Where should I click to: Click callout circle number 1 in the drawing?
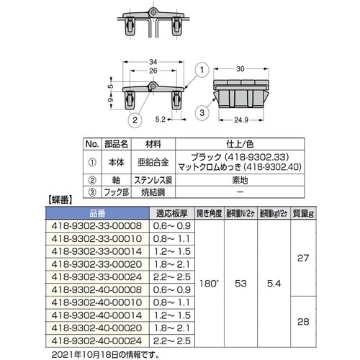pos(202,70)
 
